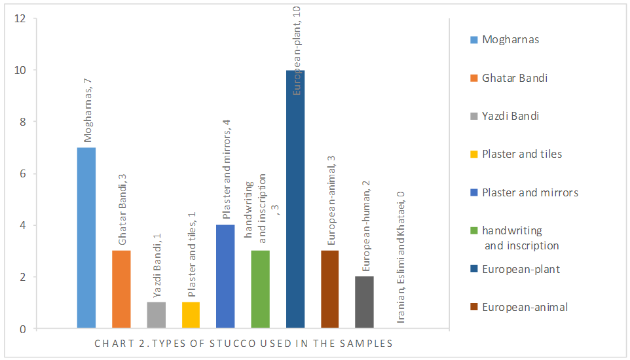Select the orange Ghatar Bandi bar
[x=121, y=289]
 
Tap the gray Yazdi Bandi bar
[x=157, y=315]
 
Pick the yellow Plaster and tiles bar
[x=191, y=315]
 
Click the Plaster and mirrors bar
[x=225, y=276]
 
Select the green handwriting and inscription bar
[x=261, y=289]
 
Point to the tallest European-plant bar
[x=295, y=199]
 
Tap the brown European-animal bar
[x=330, y=289]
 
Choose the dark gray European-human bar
[x=364, y=302]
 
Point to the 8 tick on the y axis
[x=22, y=122]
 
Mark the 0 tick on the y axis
[x=22, y=329]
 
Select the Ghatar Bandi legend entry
[x=514, y=78]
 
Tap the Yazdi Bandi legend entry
[x=510, y=116]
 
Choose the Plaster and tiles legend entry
[x=521, y=154]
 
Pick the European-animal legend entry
[x=524, y=307]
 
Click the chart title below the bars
[x=243, y=343]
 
